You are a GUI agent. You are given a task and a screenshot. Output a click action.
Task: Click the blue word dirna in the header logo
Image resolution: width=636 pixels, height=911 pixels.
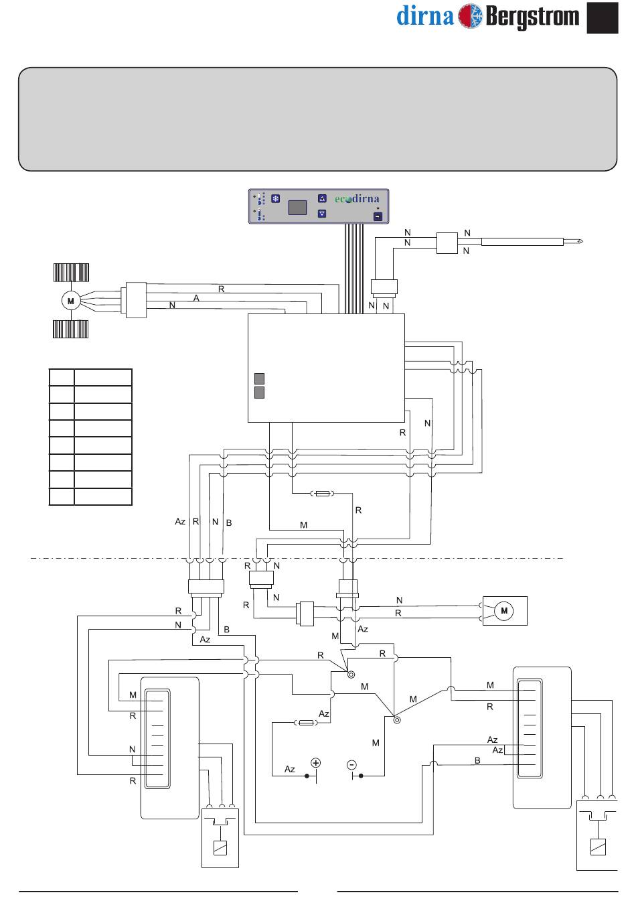tap(425, 16)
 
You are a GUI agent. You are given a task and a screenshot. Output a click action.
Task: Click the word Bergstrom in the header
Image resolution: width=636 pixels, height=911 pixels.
tap(532, 17)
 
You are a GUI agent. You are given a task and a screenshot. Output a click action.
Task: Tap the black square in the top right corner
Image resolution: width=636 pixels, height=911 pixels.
tap(603, 17)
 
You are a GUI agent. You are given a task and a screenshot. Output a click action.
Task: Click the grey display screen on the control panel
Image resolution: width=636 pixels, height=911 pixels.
tap(297, 208)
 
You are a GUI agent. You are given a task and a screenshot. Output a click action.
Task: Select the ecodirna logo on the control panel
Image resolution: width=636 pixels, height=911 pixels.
tap(357, 199)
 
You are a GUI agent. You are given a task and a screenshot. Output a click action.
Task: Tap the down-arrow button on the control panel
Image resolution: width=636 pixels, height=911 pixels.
tap(322, 213)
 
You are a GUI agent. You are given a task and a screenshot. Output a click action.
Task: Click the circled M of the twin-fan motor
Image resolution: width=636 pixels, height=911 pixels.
tap(71, 301)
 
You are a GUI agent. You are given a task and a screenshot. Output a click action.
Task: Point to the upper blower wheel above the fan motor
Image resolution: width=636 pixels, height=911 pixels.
tap(71, 273)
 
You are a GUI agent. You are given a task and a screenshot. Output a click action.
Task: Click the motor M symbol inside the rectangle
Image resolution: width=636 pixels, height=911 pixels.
tap(504, 610)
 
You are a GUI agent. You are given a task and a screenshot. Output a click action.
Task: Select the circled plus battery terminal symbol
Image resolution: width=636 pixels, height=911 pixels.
tap(316, 763)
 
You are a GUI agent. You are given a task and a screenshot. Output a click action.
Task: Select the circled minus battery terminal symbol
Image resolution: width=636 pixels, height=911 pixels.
tap(351, 765)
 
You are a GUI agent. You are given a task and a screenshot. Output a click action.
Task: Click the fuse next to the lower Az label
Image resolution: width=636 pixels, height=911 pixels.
tap(306, 723)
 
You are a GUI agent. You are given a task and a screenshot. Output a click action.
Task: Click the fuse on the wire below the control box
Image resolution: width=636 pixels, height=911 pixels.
tap(323, 493)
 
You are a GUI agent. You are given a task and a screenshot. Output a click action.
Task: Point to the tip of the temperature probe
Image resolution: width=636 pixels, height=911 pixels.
tap(582, 242)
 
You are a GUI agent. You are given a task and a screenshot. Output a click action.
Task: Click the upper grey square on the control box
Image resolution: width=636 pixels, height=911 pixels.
tap(259, 378)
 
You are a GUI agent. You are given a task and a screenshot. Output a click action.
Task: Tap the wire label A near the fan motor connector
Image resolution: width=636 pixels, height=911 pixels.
tap(196, 298)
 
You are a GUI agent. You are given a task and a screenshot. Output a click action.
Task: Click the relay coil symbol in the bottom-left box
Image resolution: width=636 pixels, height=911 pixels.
tap(220, 848)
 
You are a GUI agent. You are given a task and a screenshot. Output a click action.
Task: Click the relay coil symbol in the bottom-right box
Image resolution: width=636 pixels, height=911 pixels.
tap(598, 847)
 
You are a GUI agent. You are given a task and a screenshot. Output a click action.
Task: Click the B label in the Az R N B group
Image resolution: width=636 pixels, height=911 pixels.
tap(229, 522)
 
